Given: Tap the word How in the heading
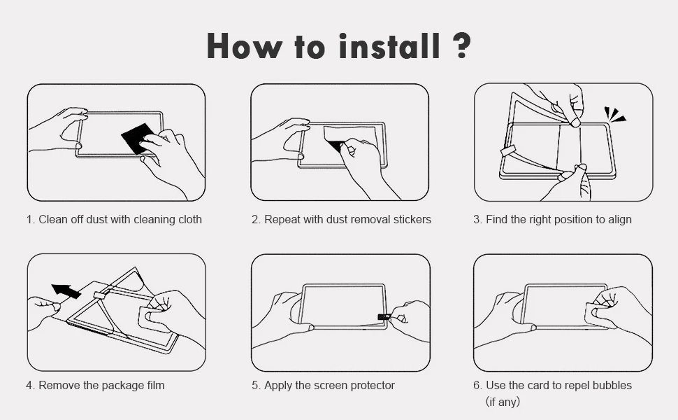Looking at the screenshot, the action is pos(243,45).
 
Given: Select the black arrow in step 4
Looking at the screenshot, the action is pos(66,291).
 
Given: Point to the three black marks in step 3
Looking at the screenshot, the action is pos(614,113).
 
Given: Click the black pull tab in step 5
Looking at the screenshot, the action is pos(383,316).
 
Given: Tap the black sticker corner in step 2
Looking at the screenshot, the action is pos(335,145).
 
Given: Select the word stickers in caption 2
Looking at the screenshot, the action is pos(412,219).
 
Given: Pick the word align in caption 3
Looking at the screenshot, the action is pos(620,220).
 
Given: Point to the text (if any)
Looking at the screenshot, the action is pos(503,401).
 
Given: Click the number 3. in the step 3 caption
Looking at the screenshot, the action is pos(477,220).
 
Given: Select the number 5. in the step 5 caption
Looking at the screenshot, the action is pos(257,386).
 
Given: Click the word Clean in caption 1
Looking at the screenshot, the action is pos(52,219).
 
